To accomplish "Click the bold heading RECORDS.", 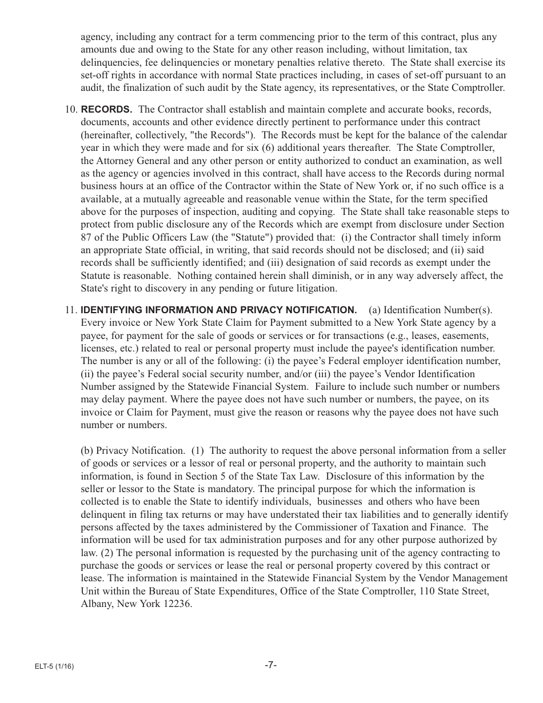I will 106,109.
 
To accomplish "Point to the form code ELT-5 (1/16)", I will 52,667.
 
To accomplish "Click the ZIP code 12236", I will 178,604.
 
